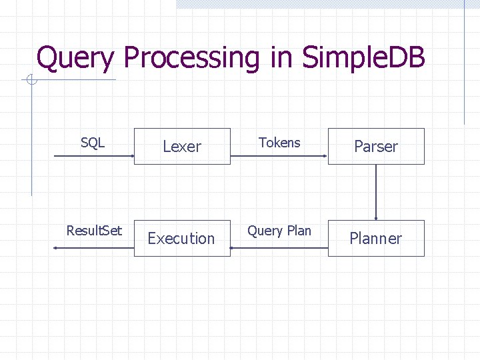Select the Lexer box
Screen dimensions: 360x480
point(182,146)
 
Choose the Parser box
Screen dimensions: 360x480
point(376,146)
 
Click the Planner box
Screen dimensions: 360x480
point(376,238)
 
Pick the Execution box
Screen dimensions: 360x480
point(182,238)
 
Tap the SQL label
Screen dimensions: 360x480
point(93,143)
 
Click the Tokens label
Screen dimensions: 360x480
point(279,143)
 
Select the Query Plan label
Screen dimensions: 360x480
point(279,231)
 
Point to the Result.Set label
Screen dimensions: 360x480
point(94,231)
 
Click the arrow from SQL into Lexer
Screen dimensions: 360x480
point(93,156)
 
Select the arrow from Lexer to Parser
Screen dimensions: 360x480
point(279,156)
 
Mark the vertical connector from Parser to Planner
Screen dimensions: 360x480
point(376,192)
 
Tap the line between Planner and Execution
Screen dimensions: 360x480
point(279,248)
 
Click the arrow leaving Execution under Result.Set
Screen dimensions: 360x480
point(93,248)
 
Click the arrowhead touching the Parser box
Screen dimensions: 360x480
point(325,156)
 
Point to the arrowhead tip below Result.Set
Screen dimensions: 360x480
point(55,248)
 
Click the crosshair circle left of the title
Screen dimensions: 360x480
point(31,81)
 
